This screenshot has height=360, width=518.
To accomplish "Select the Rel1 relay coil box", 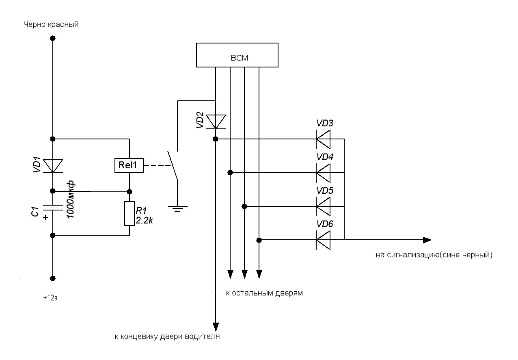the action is tap(129, 165).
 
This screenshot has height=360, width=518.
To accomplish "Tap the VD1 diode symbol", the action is tap(53, 166).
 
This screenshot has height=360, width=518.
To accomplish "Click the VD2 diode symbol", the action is tap(216, 122).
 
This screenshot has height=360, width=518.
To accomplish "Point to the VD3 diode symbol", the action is tap(323, 139).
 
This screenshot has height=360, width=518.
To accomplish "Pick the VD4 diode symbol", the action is tap(323, 173).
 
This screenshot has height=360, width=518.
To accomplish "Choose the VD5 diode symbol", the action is tap(323, 206).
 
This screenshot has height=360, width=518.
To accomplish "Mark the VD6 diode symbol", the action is tap(323, 240).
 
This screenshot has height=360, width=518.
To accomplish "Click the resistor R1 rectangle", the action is tap(129, 213).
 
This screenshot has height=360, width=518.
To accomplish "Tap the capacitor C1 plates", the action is tap(53, 208).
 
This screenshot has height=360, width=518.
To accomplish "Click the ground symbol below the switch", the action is tap(177, 209).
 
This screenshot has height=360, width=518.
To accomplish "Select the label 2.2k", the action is tap(144, 221).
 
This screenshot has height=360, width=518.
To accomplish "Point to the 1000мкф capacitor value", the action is tap(71, 200).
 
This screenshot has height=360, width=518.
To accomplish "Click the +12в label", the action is tap(50, 298).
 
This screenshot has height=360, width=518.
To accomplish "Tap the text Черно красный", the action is tap(51, 24).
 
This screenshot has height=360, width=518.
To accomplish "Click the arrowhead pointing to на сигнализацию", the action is tap(427, 240).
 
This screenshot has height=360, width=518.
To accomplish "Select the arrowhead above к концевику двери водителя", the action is tap(216, 327).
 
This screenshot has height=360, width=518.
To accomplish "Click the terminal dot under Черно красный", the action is tap(53, 38).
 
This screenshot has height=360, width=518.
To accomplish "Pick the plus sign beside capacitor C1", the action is tap(46, 218).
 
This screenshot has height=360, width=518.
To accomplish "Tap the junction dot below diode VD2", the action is tap(216, 139).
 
